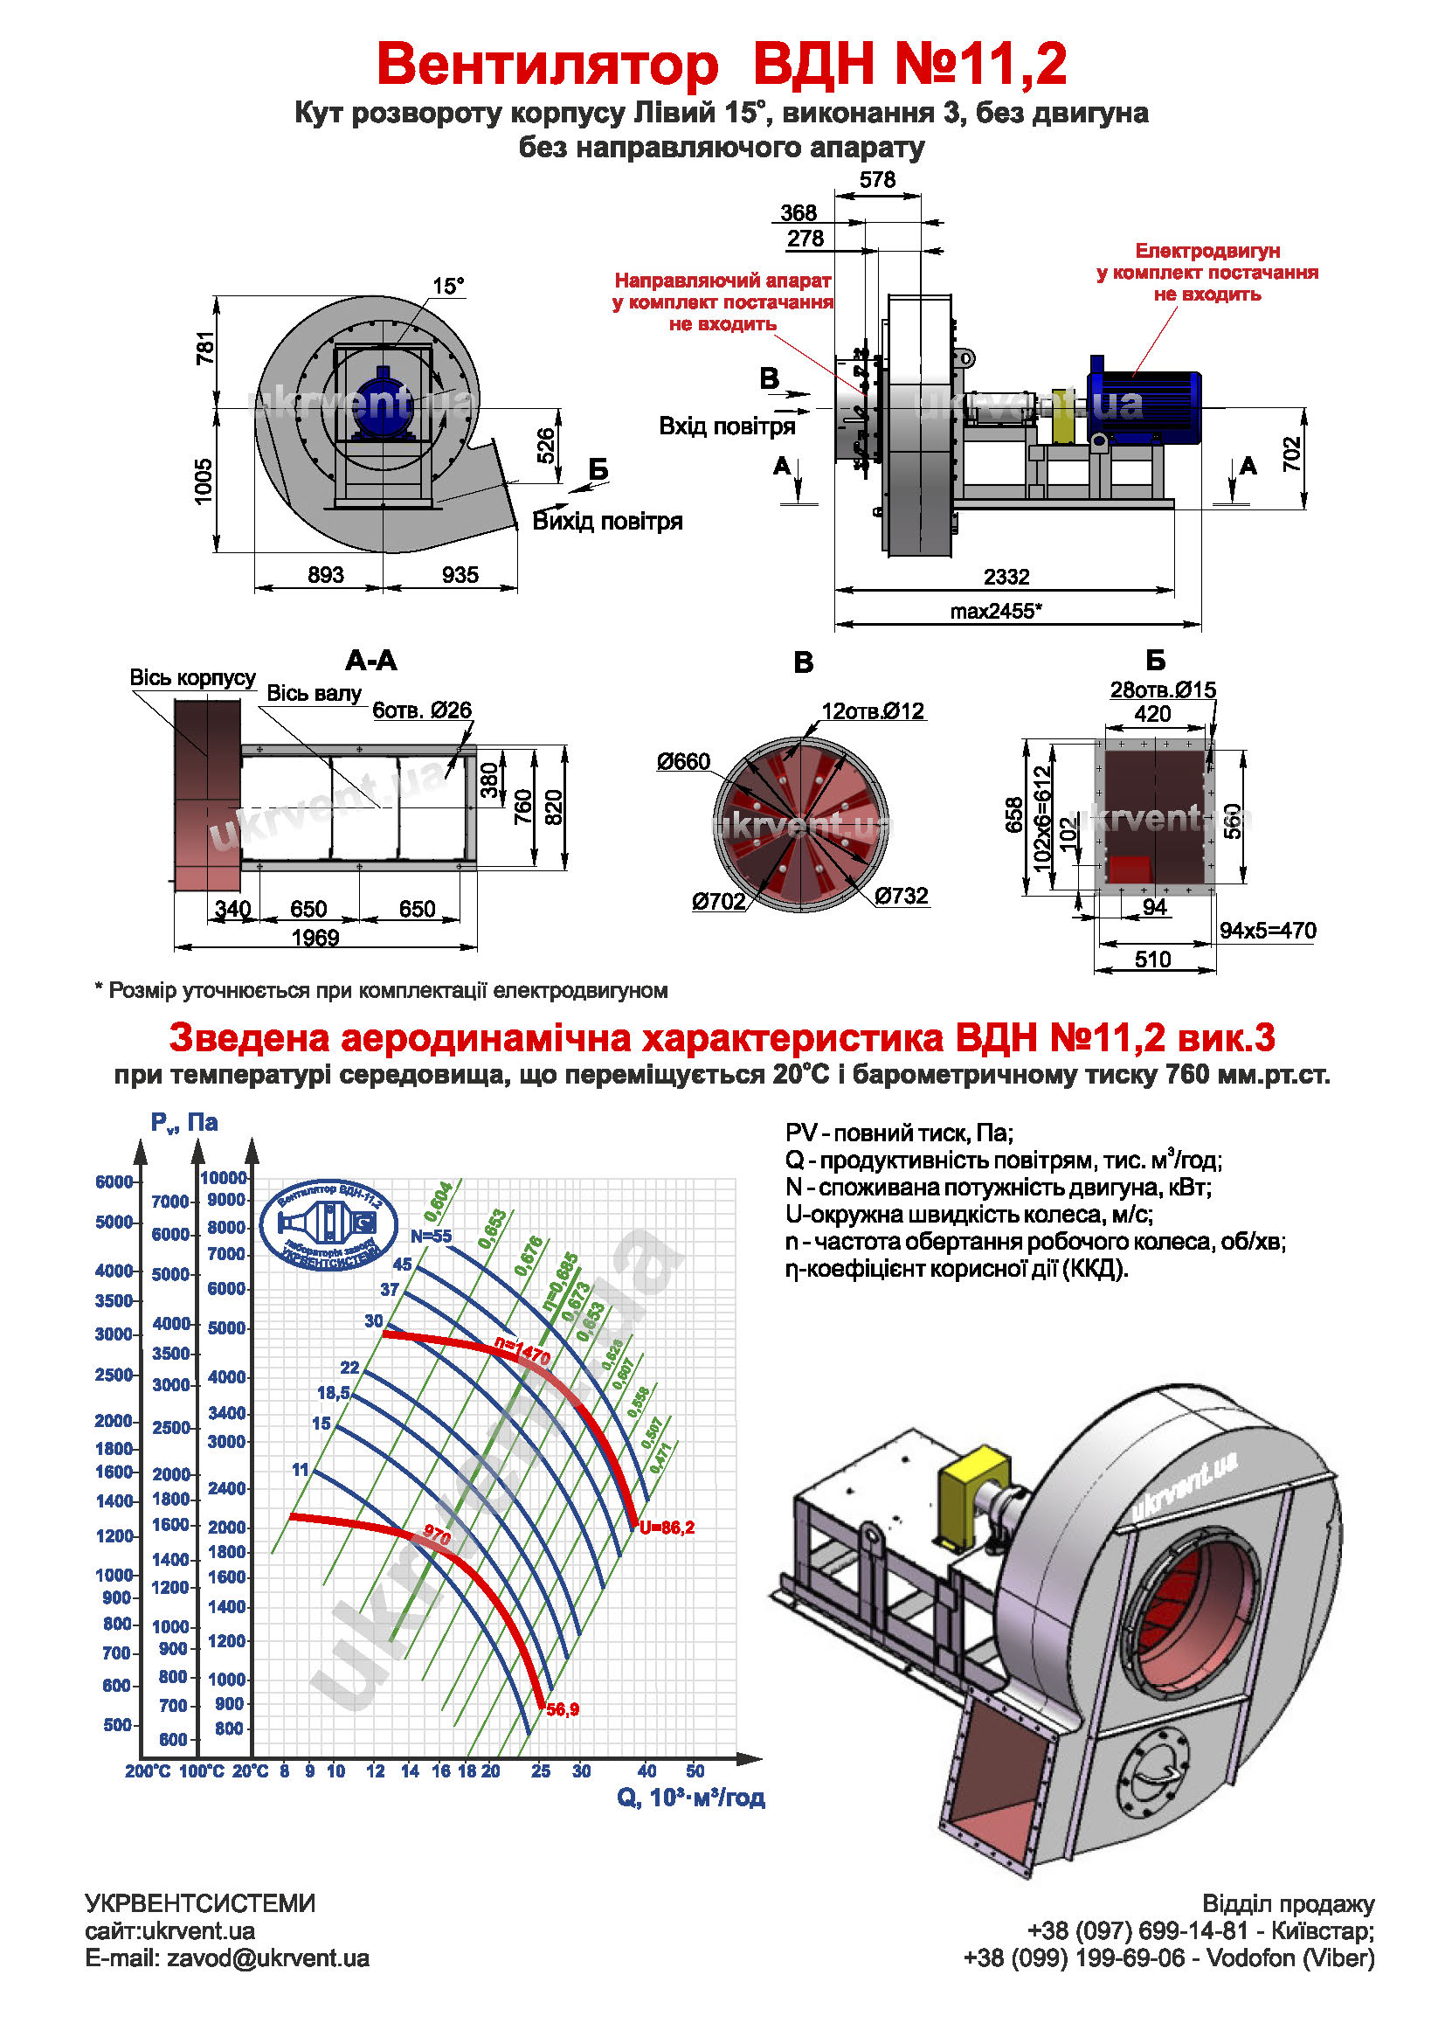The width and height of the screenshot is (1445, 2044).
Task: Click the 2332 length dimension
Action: click(x=1006, y=577)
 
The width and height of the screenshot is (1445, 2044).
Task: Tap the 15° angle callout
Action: click(x=448, y=286)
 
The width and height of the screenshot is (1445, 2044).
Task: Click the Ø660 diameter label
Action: click(x=683, y=762)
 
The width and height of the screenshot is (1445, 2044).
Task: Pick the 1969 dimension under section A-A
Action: click(x=315, y=938)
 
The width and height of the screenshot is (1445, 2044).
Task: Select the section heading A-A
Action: click(x=371, y=661)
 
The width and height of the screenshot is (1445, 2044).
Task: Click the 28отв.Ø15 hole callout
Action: click(x=1162, y=690)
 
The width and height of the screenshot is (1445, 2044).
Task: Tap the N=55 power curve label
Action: click(x=431, y=1236)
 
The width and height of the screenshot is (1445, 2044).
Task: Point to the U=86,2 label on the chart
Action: click(x=667, y=1528)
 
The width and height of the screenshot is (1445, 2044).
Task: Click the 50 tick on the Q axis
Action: click(x=695, y=1771)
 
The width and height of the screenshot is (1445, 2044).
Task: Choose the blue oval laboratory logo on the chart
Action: click(x=328, y=1226)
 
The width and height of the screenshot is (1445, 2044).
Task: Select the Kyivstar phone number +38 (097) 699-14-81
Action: click(x=1137, y=1931)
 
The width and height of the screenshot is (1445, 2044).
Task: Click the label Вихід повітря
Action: click(x=607, y=522)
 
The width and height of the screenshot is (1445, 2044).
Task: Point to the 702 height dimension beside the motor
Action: click(x=1291, y=454)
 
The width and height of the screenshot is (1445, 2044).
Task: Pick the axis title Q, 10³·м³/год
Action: click(x=690, y=1798)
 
